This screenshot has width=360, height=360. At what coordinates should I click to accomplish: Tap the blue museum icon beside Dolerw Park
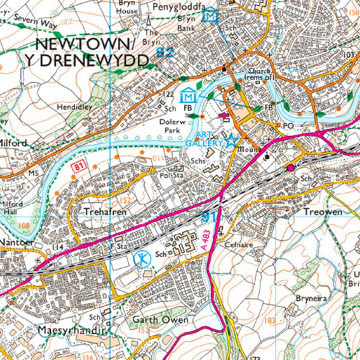189,94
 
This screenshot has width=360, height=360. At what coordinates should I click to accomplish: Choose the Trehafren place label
104,214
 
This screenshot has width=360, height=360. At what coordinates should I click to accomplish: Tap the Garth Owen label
161,319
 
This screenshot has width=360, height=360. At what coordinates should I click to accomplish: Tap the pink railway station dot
291,167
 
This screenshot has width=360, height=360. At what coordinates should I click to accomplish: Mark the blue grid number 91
209,216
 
